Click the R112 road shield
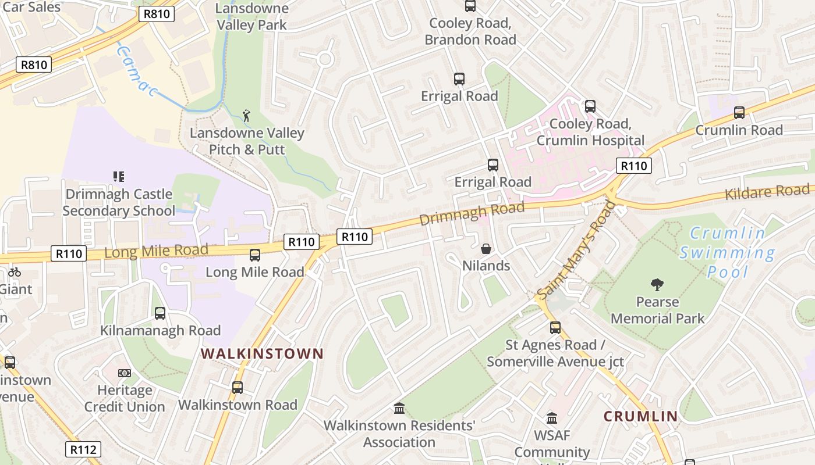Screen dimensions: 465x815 [x=83, y=449]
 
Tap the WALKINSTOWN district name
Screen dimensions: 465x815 [x=262, y=353]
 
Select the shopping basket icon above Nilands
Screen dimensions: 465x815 [x=486, y=249]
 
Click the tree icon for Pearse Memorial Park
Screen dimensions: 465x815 [x=657, y=285]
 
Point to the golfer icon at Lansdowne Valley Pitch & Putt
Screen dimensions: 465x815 [x=247, y=115]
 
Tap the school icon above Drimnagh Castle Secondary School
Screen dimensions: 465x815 [x=119, y=176]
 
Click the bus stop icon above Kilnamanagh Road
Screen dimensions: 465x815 [x=160, y=313]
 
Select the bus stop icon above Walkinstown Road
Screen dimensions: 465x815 [x=238, y=388]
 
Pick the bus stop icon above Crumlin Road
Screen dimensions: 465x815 [x=739, y=113]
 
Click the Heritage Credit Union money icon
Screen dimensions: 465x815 [x=125, y=373]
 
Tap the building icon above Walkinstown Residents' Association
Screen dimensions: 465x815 [x=399, y=409]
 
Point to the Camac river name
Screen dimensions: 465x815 [x=137, y=71]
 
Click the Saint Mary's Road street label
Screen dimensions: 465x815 [x=576, y=249]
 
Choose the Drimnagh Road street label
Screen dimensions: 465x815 [x=472, y=213]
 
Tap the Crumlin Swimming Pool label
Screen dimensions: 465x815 [x=728, y=252]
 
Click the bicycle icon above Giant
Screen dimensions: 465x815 [x=15, y=272]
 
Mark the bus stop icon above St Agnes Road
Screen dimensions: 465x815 [x=555, y=328]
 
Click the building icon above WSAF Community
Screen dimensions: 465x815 [x=552, y=418]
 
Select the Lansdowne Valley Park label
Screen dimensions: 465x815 [x=252, y=16]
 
